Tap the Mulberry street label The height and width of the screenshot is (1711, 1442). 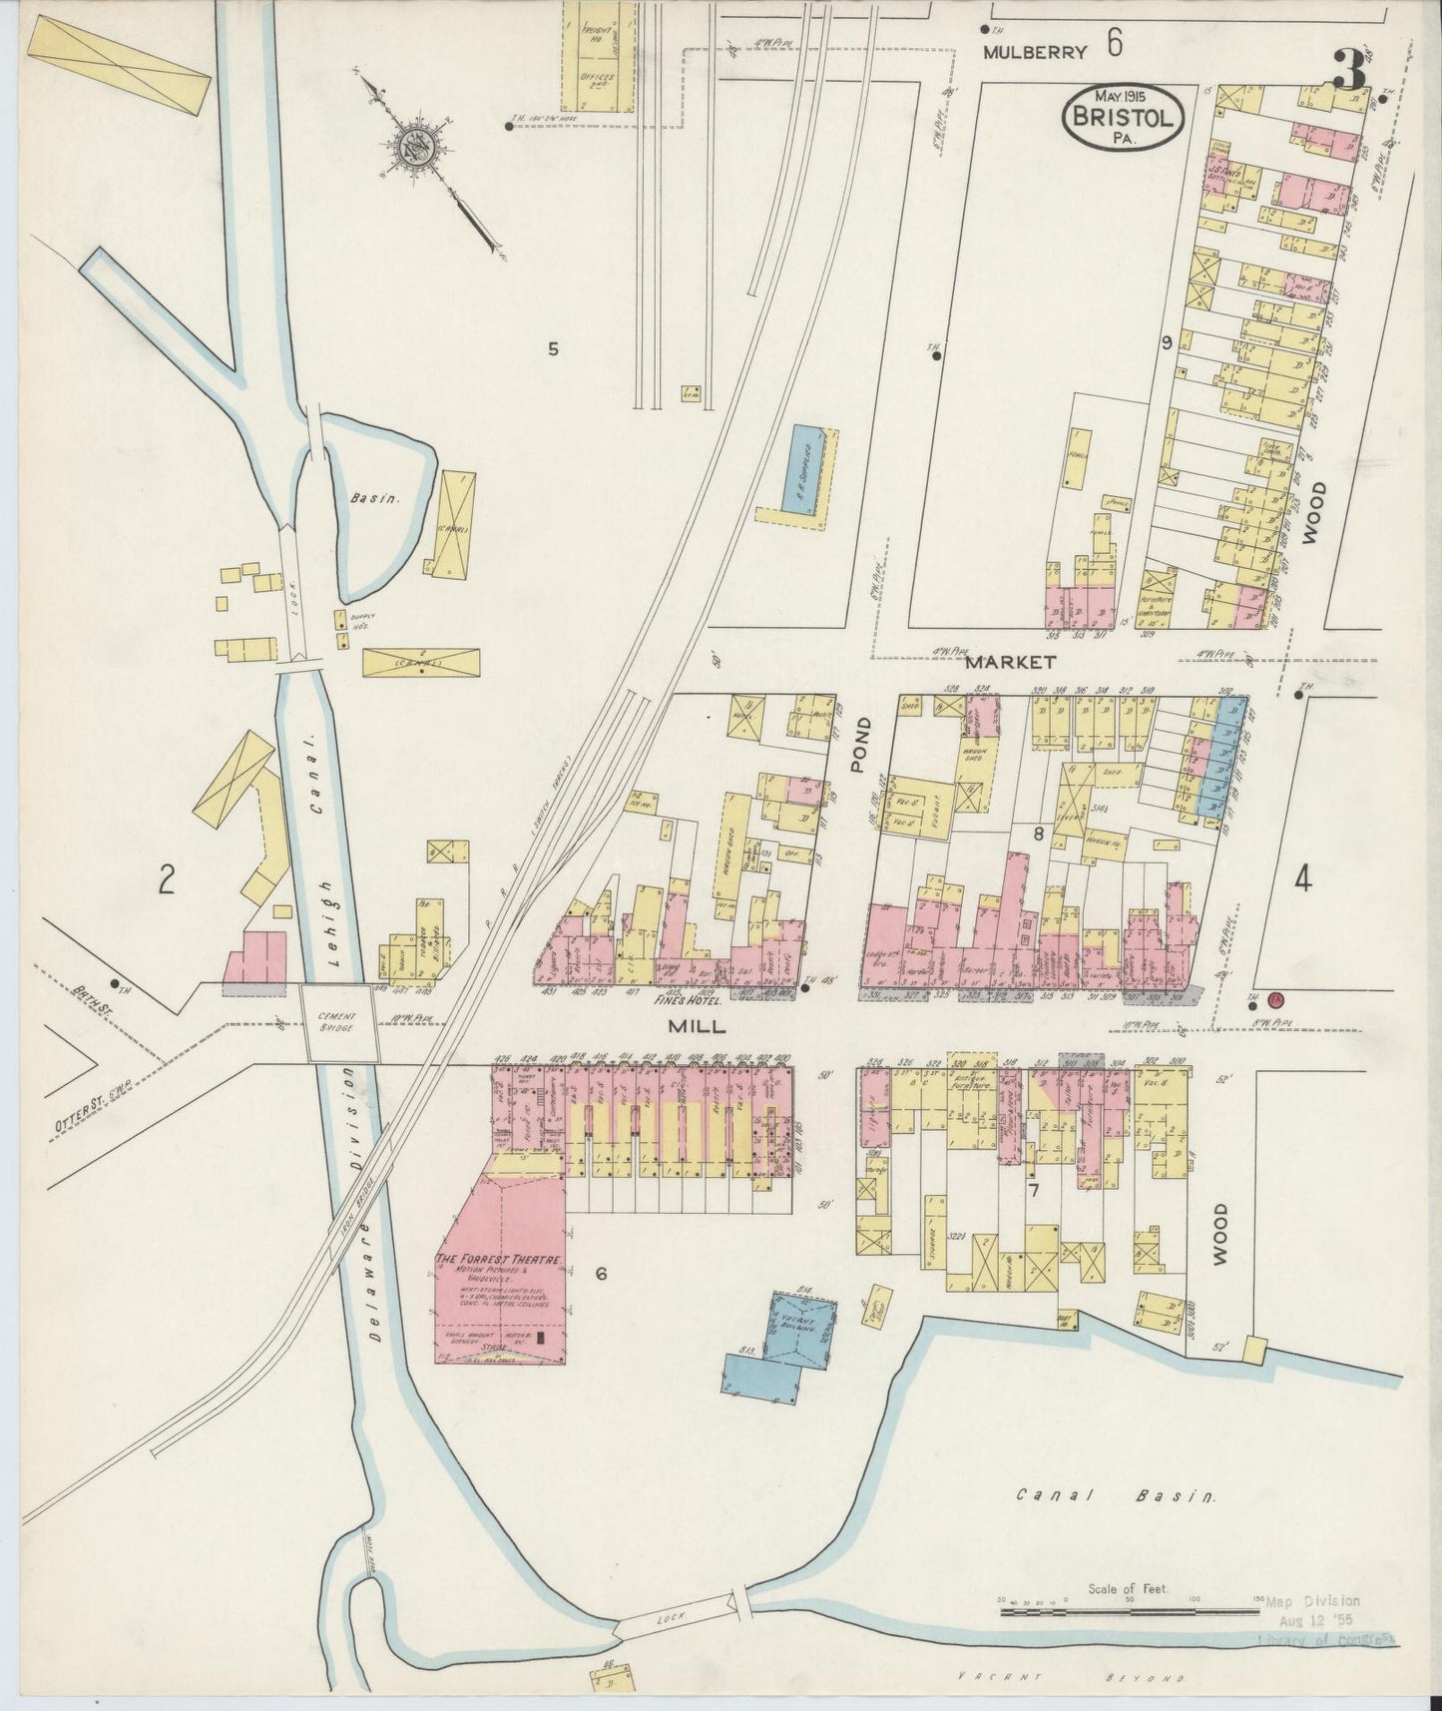click(x=1034, y=54)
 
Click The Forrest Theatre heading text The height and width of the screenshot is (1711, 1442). click(x=495, y=1260)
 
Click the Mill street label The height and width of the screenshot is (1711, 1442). click(x=691, y=1025)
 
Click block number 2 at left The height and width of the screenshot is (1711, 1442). click(x=167, y=879)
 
